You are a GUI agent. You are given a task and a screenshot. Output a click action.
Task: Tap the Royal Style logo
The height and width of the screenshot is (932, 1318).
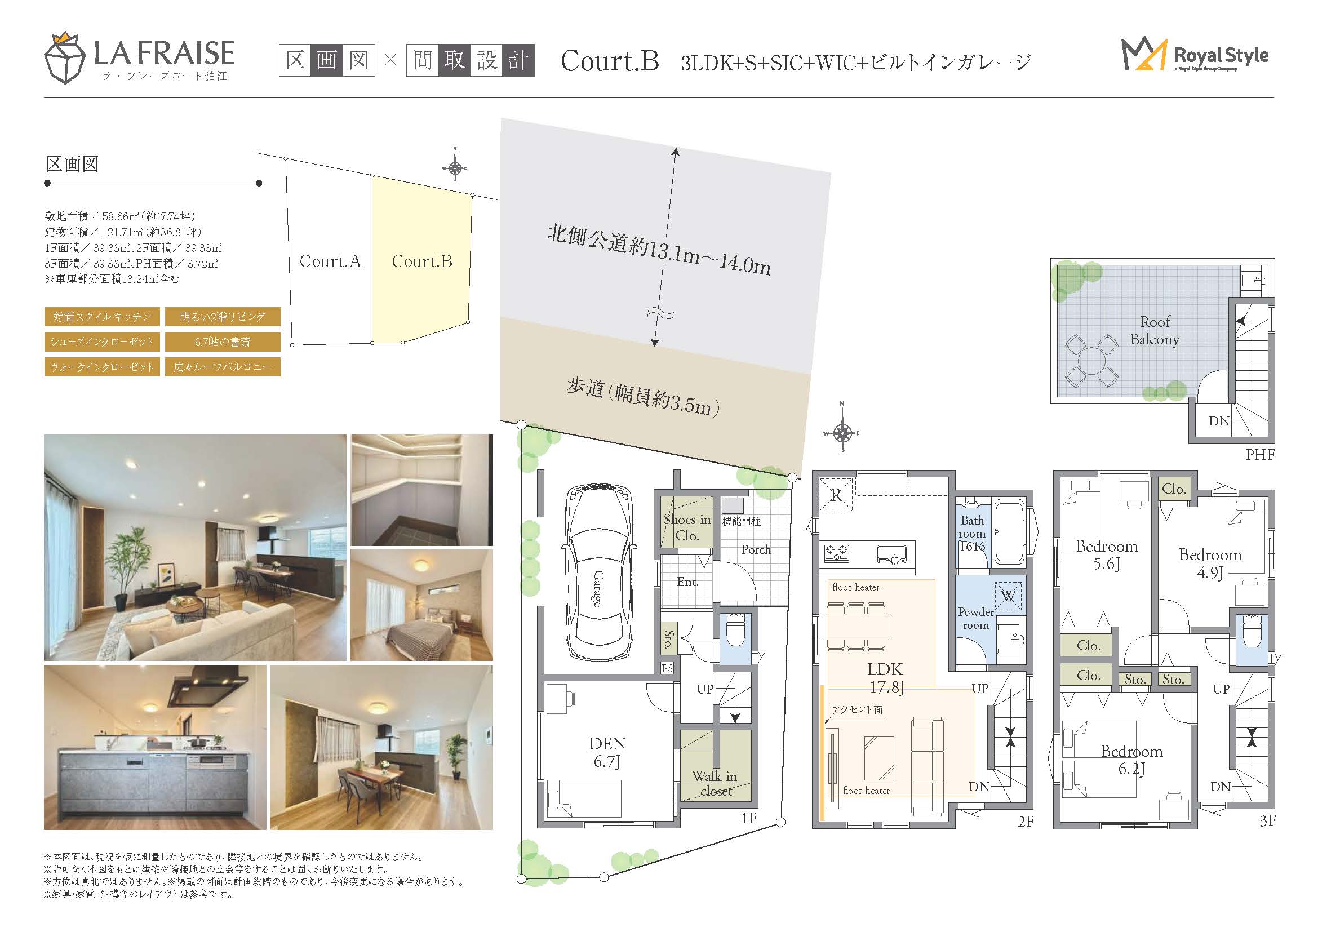1195,56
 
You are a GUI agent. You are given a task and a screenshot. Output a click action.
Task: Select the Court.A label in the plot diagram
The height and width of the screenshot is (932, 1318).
330,261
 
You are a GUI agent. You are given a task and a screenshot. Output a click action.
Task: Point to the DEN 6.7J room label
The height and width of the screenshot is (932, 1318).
607,752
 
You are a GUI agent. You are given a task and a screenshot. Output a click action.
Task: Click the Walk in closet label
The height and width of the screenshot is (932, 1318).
715,783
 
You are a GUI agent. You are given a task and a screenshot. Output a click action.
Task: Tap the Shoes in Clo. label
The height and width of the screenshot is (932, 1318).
687,527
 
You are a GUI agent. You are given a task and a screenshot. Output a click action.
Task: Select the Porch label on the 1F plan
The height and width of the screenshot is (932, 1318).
756,549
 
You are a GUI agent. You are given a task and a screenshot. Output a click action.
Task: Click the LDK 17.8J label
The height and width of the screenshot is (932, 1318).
885,678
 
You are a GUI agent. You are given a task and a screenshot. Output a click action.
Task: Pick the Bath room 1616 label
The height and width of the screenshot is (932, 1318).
972,533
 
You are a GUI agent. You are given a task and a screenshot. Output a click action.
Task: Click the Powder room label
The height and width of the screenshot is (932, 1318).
976,619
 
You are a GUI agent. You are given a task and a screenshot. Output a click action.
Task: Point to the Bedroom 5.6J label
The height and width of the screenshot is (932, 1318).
1107,555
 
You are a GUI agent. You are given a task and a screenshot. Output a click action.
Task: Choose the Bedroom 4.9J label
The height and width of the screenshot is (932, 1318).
1210,563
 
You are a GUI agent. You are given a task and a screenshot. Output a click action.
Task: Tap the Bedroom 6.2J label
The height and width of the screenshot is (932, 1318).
1131,760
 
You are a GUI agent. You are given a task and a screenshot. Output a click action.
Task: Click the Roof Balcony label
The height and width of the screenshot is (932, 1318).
1155,331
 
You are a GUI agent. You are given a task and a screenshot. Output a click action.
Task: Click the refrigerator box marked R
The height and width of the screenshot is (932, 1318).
836,495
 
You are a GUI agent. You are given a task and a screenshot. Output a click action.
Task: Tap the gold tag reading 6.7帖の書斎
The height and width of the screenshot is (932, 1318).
223,342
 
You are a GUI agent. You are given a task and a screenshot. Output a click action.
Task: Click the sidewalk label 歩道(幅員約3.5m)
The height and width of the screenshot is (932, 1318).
643,396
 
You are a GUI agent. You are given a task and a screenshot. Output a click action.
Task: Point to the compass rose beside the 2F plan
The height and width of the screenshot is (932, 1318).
842,433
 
